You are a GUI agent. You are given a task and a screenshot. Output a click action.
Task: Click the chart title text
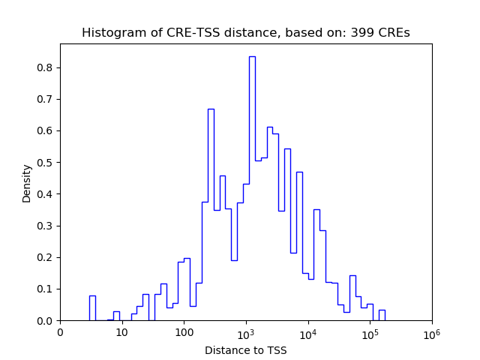tap(245, 33)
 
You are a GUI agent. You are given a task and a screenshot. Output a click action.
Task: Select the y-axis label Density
tap(27, 182)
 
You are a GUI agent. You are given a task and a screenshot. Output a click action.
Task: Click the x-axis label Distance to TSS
tap(245, 349)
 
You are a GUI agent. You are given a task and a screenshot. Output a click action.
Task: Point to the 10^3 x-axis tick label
tap(246, 332)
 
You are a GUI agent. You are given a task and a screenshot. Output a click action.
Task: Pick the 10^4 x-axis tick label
tap(308, 332)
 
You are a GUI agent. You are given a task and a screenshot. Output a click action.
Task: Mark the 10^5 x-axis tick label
tap(370, 332)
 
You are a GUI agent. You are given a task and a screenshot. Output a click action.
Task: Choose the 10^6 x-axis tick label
tap(432, 332)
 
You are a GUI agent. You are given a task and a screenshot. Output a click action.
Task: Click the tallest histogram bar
tap(252, 187)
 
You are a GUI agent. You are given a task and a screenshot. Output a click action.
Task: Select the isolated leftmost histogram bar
tap(92, 308)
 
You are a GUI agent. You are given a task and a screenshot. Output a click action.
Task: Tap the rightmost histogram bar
tap(382, 315)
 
